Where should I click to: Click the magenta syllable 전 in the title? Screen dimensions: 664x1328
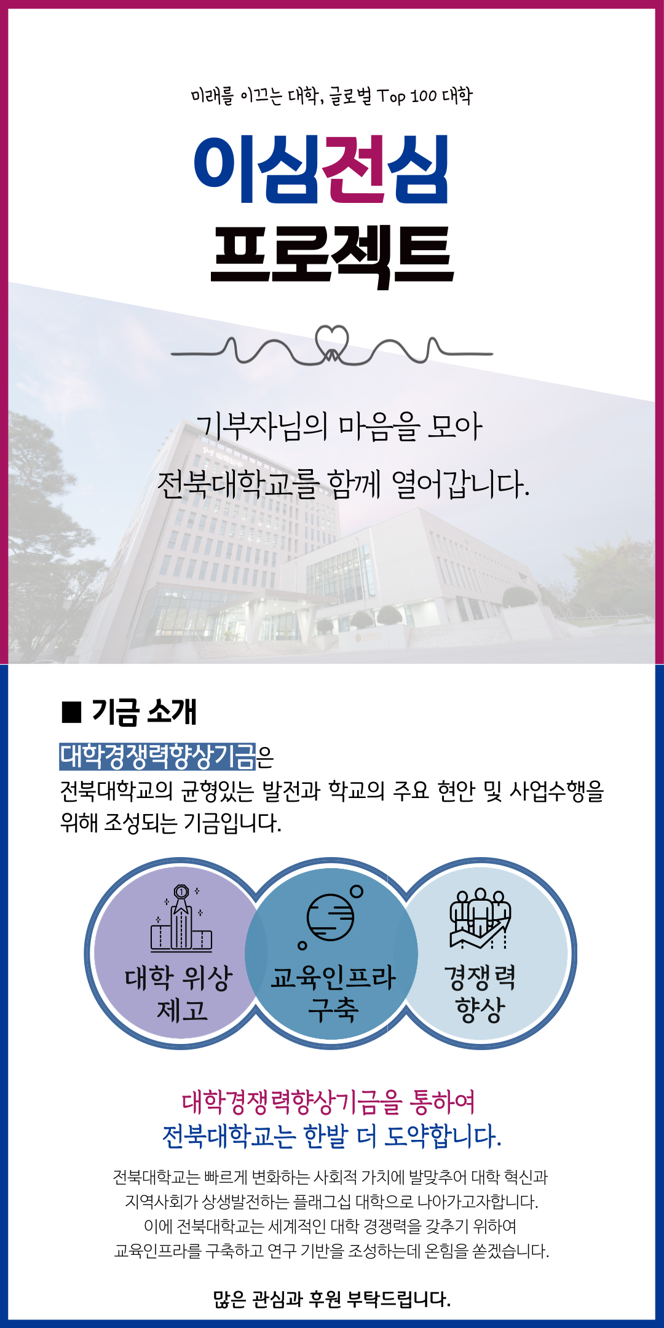click(x=354, y=169)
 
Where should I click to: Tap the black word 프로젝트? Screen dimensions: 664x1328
click(x=332, y=255)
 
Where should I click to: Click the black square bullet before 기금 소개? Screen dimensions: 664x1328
click(x=71, y=711)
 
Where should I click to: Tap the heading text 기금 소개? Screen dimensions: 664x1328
click(x=144, y=711)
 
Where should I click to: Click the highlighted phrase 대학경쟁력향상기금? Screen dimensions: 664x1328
click(x=157, y=756)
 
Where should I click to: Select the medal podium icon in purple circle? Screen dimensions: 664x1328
click(x=181, y=919)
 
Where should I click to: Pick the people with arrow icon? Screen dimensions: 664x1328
click(x=480, y=919)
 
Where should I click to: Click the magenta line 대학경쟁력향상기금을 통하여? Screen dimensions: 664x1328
click(x=329, y=1102)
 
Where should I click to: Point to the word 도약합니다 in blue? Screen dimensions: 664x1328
click(x=443, y=1136)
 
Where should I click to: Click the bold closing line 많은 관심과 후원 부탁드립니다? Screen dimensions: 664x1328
click(x=332, y=1299)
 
